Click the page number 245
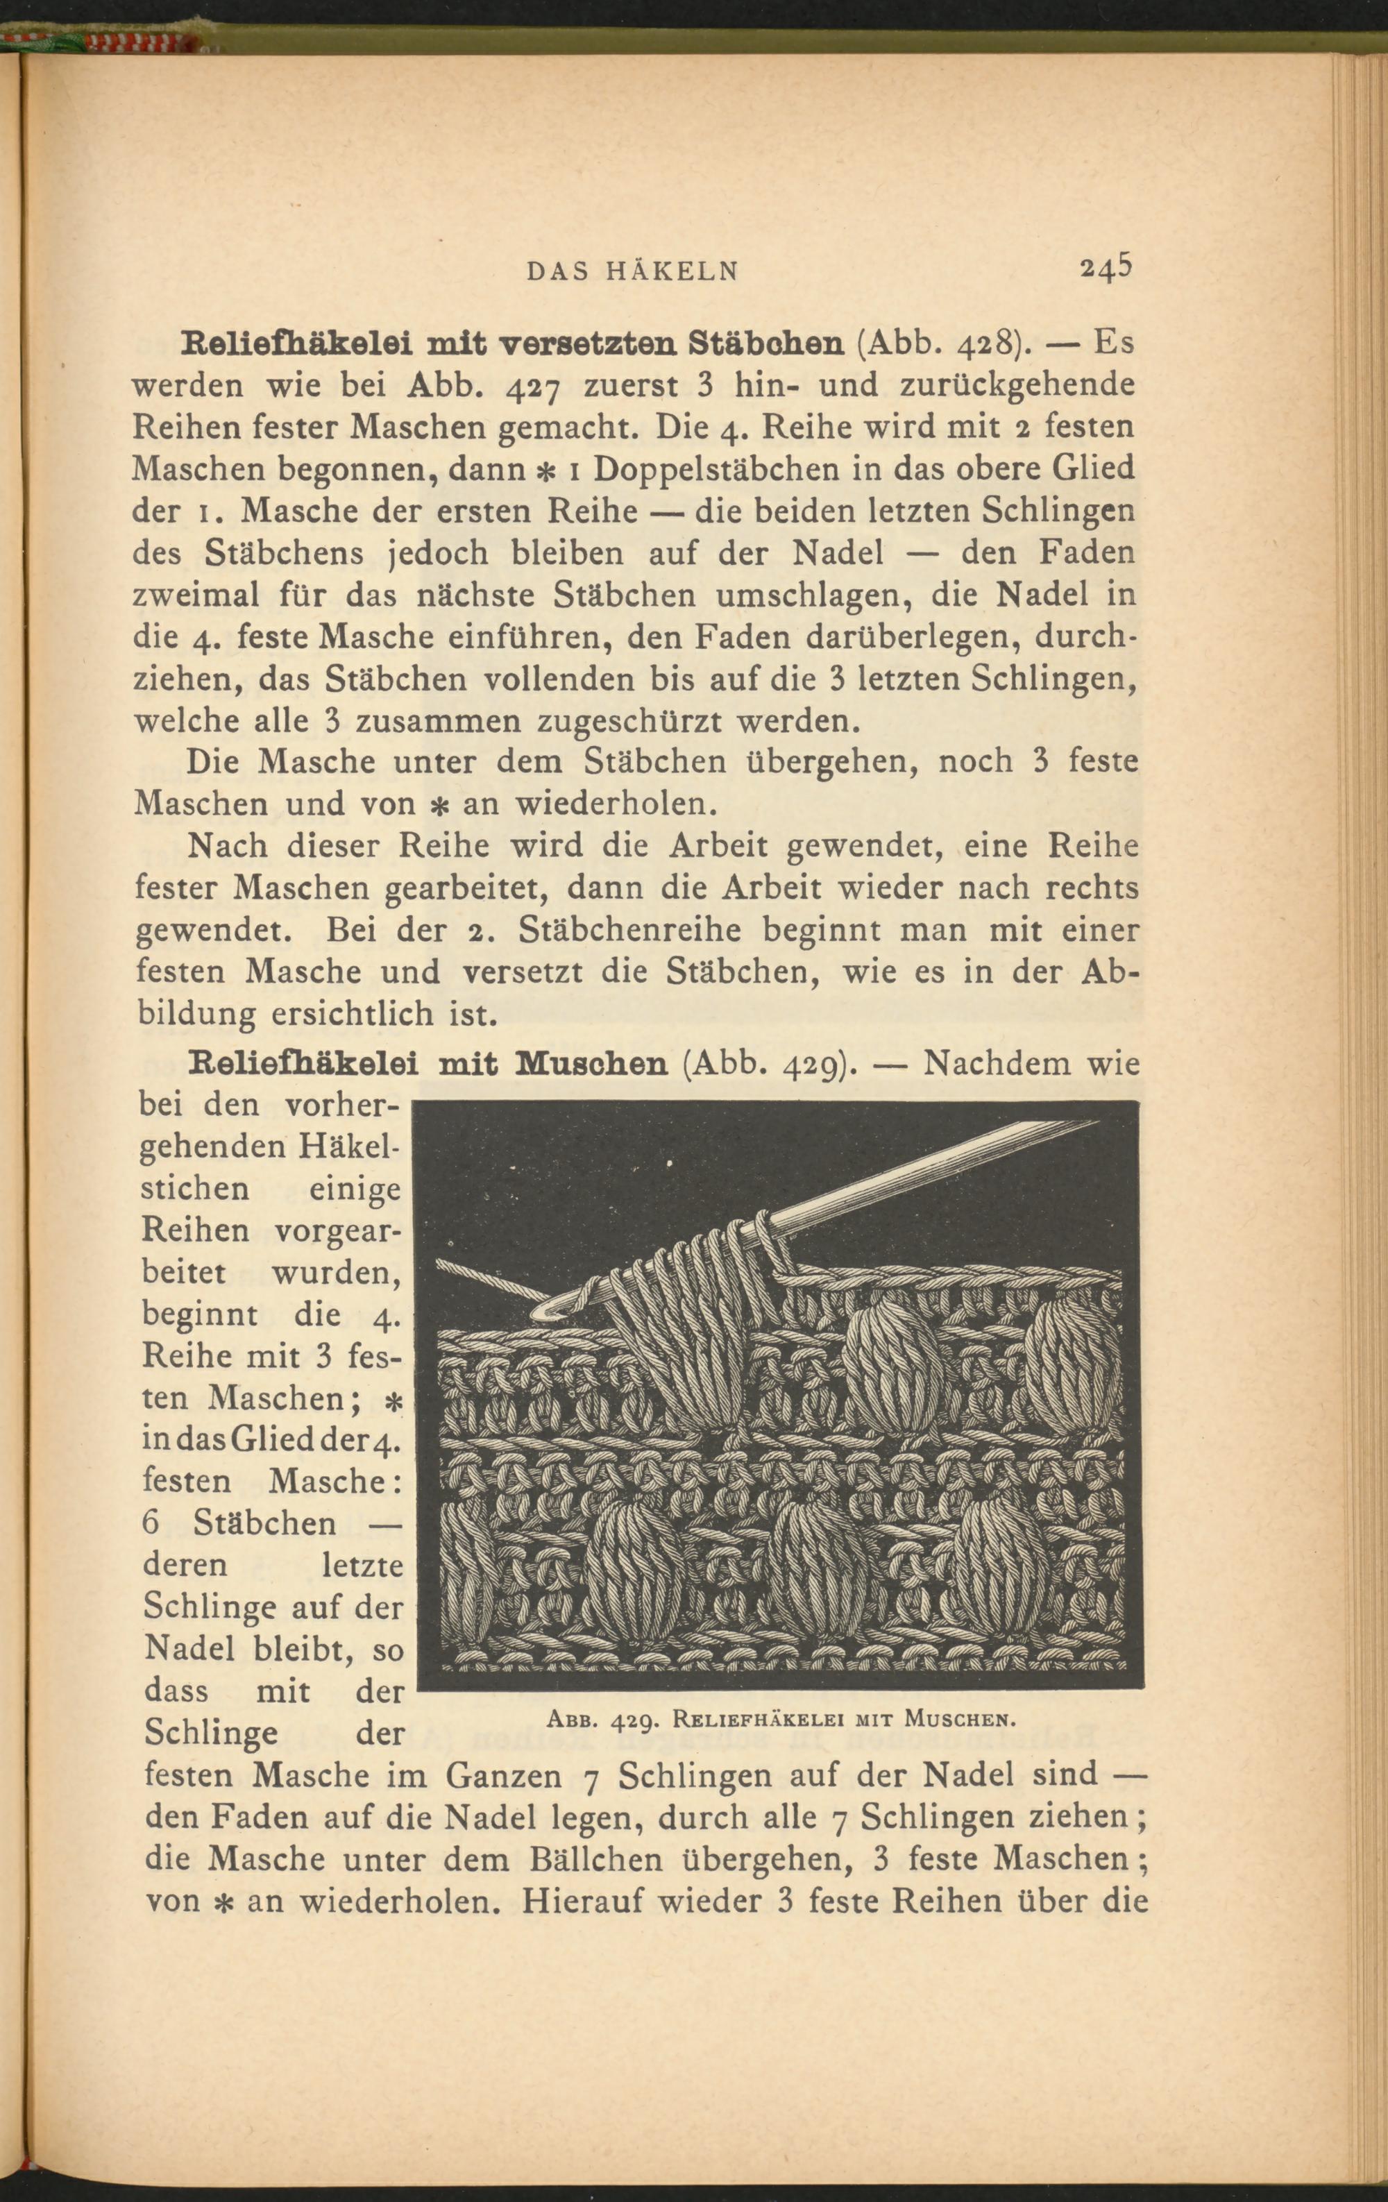click(1106, 267)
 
